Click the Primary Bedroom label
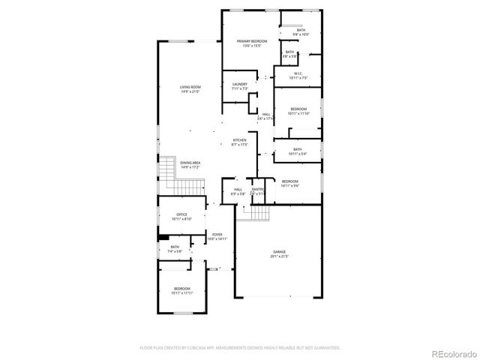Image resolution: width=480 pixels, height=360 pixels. [252, 40]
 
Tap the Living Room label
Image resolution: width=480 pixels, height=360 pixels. [190, 87]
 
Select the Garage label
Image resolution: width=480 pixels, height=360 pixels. [279, 252]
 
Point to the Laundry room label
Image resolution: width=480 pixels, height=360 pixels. [239, 84]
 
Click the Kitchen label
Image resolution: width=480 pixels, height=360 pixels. [239, 140]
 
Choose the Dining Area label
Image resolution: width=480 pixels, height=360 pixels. [190, 163]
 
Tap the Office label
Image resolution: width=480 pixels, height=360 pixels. [181, 214]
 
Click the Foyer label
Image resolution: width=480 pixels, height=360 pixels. [217, 235]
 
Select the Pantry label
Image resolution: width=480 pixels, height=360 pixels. [258, 189]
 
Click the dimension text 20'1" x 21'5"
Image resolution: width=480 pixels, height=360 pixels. [279, 256]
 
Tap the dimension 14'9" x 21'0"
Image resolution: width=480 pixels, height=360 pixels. [190, 91]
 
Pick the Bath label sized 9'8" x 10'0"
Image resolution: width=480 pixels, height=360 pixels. [301, 30]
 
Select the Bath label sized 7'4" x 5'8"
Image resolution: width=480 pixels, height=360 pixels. [175, 247]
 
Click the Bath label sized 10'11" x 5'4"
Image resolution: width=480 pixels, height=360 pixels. [298, 149]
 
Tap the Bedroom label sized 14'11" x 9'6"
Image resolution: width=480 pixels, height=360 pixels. [289, 181]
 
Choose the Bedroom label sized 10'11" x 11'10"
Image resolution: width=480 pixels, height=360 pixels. [298, 109]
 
